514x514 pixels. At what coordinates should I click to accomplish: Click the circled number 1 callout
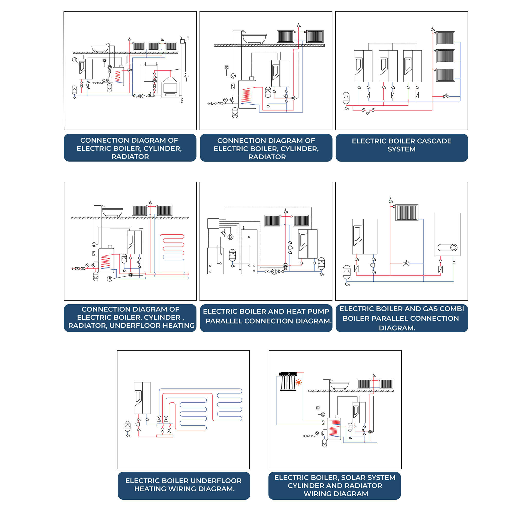(75, 60)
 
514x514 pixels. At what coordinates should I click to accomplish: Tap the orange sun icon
(299, 382)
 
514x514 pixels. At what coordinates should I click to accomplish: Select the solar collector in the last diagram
(288, 381)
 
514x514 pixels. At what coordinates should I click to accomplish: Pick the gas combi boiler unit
(447, 234)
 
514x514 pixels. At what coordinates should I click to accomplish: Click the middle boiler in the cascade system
(388, 66)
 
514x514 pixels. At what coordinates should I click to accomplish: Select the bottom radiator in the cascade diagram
(445, 75)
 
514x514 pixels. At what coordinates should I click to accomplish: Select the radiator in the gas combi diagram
(407, 212)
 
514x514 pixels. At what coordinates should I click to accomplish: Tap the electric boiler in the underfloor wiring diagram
(142, 398)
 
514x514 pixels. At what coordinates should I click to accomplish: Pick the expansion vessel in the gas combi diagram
(347, 272)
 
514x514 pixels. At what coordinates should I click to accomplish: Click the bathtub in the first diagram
(100, 48)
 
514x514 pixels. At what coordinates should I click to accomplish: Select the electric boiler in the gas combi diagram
(364, 236)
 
